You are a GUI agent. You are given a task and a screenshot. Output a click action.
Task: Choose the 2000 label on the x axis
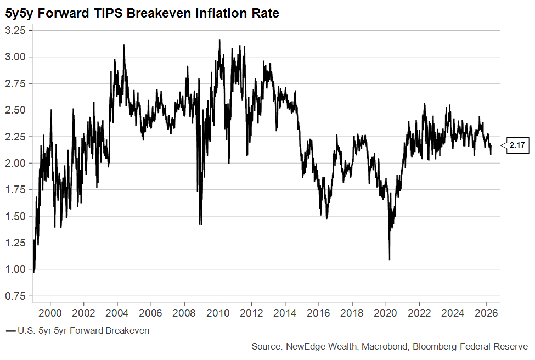[50, 313]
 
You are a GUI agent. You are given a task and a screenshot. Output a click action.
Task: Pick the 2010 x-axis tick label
[218, 313]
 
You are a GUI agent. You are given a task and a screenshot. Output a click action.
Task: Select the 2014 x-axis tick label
[285, 313]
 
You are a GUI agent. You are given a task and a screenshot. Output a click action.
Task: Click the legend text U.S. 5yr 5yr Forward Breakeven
[83, 330]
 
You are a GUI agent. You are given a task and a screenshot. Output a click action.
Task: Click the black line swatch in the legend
[10, 331]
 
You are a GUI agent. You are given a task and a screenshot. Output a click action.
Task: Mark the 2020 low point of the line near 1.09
[390, 259]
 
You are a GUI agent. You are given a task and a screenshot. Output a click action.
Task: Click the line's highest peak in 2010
[219, 40]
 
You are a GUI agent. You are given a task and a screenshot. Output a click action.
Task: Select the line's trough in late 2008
[200, 224]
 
